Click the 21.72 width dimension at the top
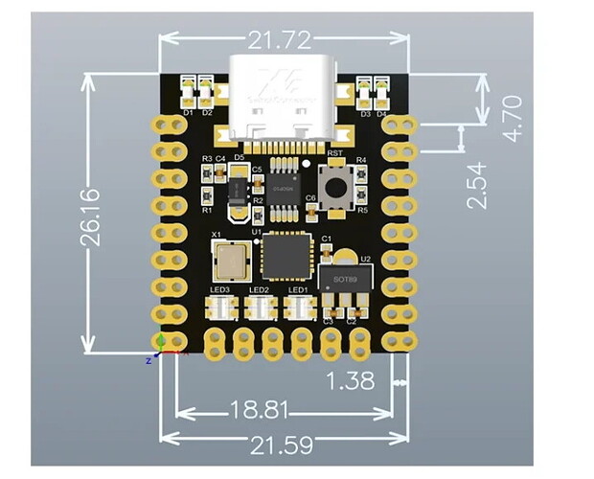click(283, 39)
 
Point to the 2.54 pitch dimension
click(476, 186)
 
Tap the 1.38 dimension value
click(351, 380)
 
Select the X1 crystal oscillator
click(229, 258)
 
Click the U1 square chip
click(283, 256)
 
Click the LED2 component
click(260, 308)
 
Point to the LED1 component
click(298, 308)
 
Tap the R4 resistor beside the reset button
click(361, 174)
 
